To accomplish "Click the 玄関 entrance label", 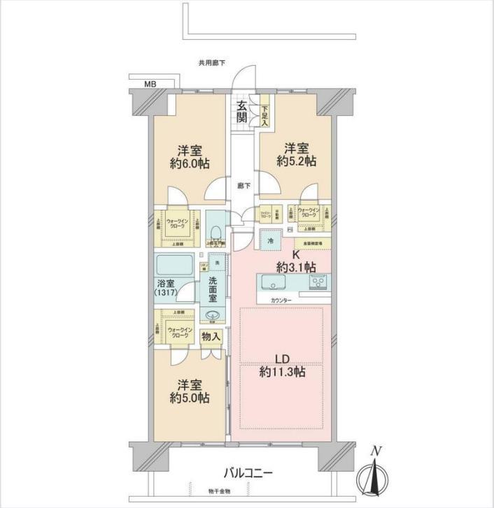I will [241, 112].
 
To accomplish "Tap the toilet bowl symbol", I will [217, 233].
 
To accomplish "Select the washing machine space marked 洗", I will [218, 263].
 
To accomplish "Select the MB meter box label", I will [150, 84].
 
